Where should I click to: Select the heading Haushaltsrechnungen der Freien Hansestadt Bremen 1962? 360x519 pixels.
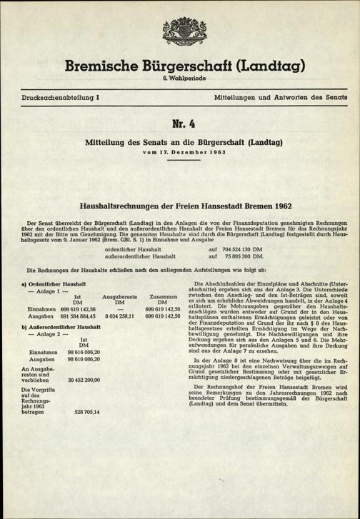(x=180, y=202)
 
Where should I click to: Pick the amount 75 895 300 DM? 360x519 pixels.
(x=243, y=256)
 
